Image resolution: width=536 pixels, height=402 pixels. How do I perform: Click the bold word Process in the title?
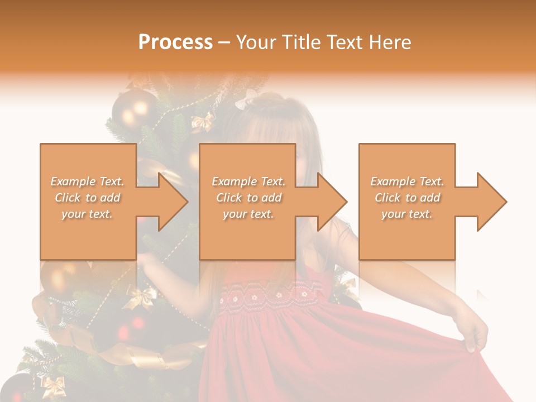point(175,42)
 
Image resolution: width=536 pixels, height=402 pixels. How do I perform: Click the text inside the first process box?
point(88,198)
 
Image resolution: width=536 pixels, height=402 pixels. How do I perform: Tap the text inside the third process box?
point(407,198)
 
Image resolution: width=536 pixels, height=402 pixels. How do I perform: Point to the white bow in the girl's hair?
point(246,100)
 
